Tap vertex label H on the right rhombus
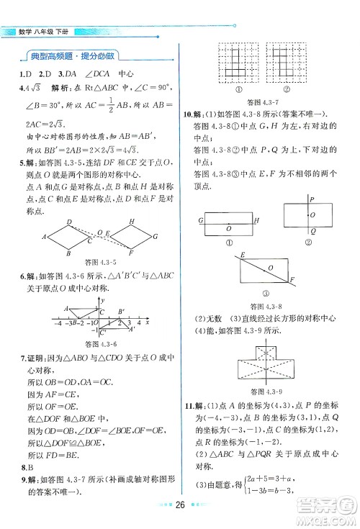pos(132,221)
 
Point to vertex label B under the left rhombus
pos(68,253)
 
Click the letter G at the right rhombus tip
pos(156,235)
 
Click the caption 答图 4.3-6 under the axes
pos(100,343)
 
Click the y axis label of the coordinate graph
pos(104,297)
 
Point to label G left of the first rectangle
pos(199,220)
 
